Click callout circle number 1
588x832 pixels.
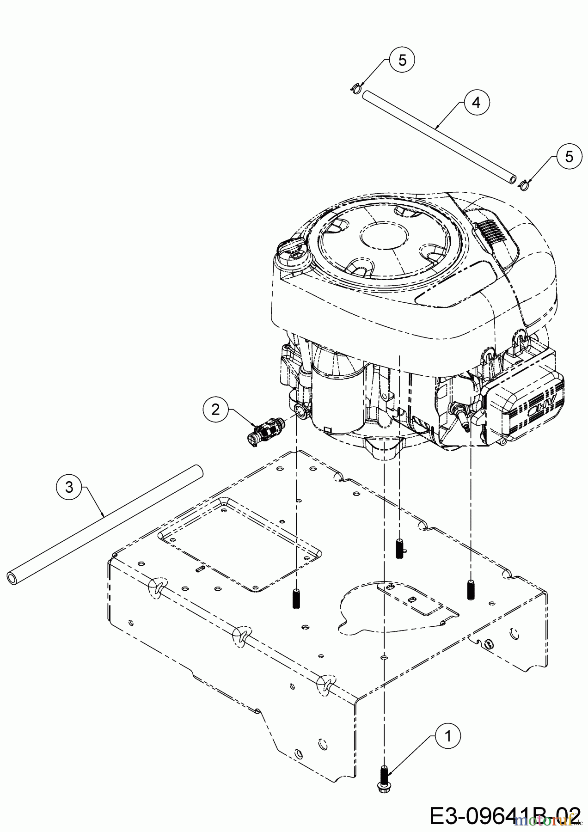click(x=448, y=737)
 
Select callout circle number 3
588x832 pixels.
click(x=69, y=487)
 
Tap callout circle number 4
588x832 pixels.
click(x=476, y=102)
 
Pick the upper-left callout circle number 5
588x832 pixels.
click(x=402, y=61)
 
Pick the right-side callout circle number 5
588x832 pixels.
click(x=569, y=156)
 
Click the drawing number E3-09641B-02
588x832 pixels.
click(x=504, y=815)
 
